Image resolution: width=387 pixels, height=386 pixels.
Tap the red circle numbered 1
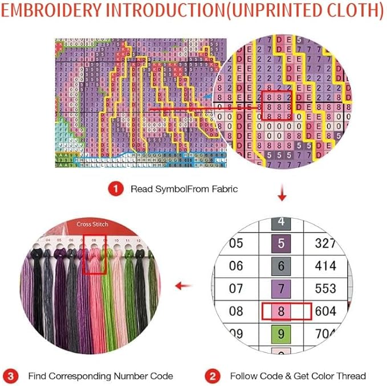pos(116,189)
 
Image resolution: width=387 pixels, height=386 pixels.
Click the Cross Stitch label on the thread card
pos(92,224)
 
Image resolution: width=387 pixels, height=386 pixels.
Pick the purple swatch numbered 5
pos(280,244)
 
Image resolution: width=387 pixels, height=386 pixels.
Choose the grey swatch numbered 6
pos(280,266)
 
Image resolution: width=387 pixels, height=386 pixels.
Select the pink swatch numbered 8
pos(280,311)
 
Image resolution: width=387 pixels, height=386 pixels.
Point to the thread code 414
pos(325,266)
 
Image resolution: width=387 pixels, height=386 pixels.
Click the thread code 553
pos(325,289)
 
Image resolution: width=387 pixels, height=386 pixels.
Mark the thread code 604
pos(325,311)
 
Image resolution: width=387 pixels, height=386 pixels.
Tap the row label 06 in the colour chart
pos(235,266)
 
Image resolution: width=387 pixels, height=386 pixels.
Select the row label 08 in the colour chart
pos(235,311)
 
